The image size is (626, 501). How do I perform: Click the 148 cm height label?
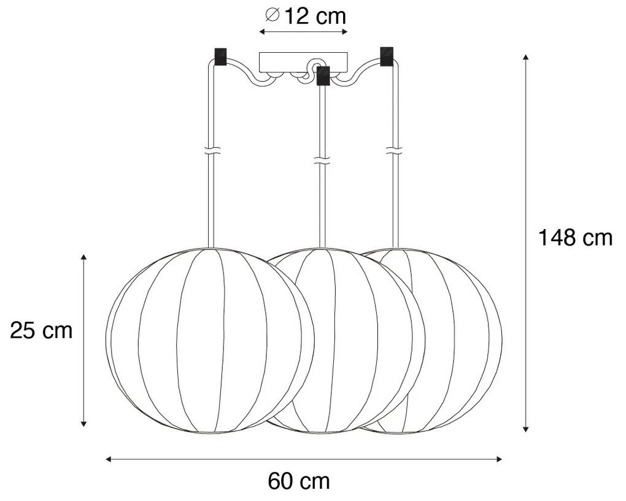pos(575,238)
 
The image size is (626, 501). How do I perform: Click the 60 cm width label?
pos(299,481)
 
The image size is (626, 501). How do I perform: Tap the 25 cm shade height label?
pos(41,330)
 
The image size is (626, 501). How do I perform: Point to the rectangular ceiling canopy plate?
pos(303,62)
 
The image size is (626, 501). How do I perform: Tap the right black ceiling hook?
pos(387,56)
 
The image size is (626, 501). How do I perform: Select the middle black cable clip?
pos(323,76)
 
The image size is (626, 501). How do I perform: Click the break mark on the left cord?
pos(212,150)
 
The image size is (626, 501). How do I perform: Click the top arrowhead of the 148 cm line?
pos(526,57)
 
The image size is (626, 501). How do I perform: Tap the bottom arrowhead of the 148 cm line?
pos(526,429)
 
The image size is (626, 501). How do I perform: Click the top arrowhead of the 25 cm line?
pos(84,256)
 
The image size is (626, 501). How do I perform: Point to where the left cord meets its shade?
pos(212,248)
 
